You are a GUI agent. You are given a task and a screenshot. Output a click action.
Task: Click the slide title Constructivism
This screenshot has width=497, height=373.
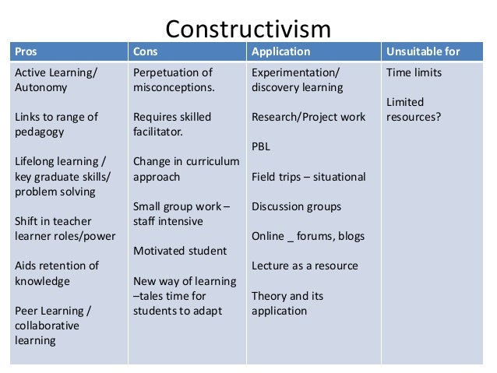point(248,29)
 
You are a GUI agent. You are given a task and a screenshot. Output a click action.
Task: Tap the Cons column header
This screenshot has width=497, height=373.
point(146,52)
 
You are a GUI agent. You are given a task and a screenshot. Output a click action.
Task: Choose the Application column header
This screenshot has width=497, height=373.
point(280,52)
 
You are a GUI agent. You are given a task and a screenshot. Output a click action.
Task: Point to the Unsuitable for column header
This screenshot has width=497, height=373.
point(423,52)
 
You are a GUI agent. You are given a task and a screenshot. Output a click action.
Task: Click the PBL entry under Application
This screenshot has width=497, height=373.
point(261,146)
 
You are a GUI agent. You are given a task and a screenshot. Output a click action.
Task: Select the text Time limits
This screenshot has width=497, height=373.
point(414,72)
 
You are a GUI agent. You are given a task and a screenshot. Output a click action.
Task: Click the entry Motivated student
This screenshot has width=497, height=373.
point(180,251)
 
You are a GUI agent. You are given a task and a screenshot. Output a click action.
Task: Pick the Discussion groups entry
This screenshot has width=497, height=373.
point(296,206)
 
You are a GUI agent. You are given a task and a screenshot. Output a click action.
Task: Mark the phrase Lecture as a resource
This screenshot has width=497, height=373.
point(305,266)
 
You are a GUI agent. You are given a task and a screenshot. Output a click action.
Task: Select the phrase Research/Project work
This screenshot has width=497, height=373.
point(308,117)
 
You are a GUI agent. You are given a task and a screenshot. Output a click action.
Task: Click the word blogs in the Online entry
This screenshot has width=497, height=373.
point(349,236)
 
